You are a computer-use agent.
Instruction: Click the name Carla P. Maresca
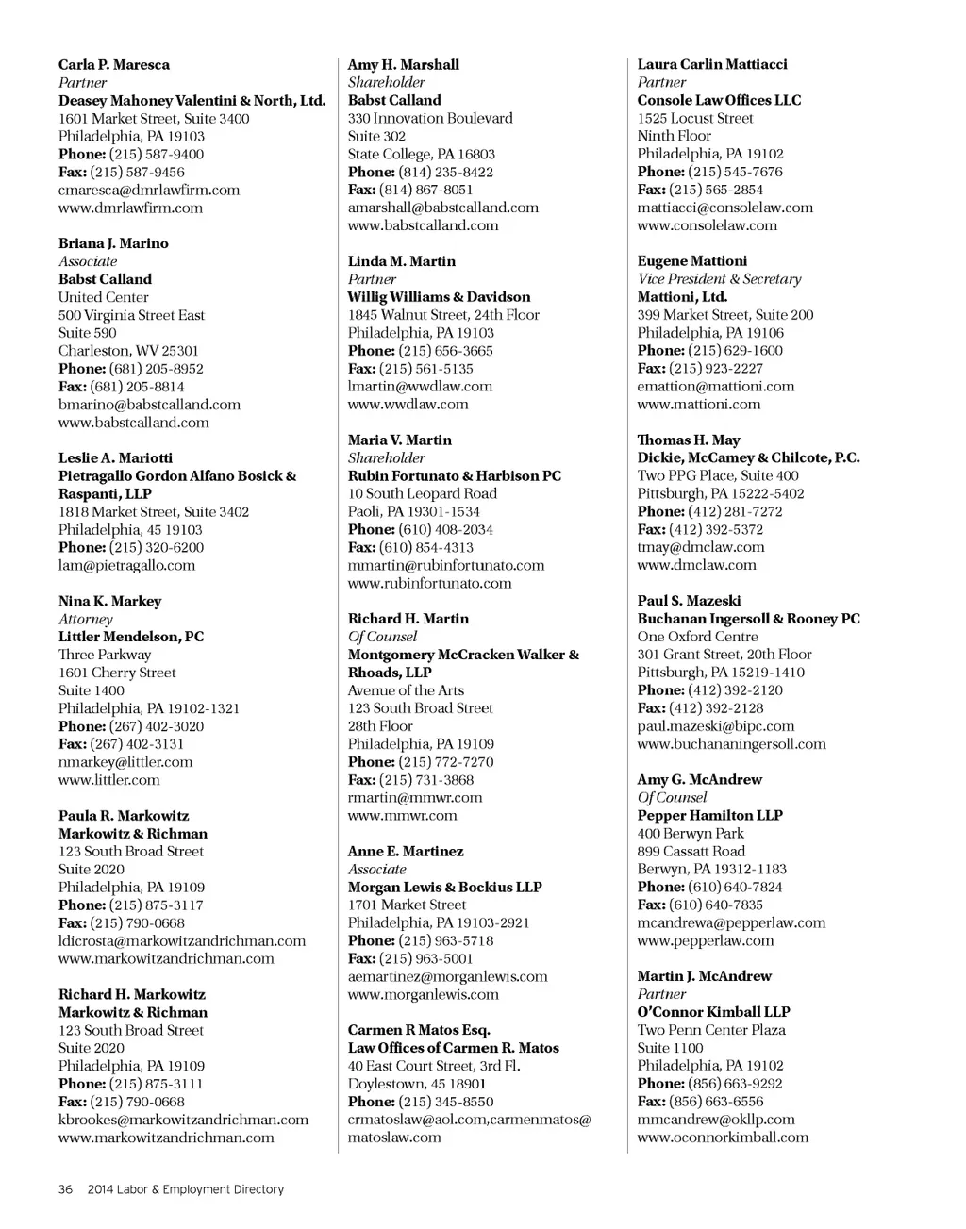pos(114,65)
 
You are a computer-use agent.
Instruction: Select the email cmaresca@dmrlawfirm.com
pos(149,190)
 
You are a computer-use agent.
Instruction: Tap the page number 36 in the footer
pos(65,1189)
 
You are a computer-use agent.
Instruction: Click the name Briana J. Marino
pos(113,243)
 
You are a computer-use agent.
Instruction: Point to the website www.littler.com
pos(109,780)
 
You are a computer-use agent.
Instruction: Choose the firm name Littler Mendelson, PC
pos(131,637)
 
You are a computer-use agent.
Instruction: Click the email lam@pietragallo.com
pos(126,565)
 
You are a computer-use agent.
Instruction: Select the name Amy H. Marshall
pos(404,65)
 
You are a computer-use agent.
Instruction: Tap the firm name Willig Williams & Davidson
pos(439,297)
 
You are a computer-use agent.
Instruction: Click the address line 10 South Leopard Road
pos(423,493)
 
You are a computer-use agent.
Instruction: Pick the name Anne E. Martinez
pos(406,851)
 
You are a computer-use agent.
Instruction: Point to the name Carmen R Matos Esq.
pos(419,1030)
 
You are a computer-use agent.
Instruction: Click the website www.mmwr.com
pos(402,815)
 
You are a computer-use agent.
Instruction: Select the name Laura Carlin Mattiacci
pos(712,65)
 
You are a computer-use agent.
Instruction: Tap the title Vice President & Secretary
pos(719,279)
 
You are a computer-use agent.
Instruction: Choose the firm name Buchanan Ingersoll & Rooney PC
pos(748,619)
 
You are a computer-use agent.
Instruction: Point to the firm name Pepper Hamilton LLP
pos(709,815)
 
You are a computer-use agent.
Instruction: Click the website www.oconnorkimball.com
pos(723,1138)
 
